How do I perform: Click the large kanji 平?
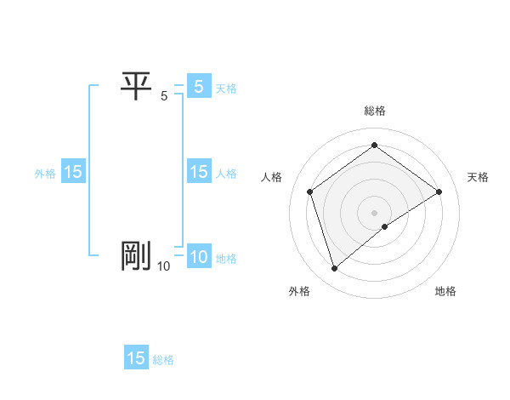136,86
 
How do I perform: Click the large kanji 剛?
136,256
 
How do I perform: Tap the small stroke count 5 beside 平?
164,97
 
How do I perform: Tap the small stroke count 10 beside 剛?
163,267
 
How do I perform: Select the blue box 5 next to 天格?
198,87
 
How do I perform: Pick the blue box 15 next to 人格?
198,172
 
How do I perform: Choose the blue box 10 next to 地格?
198,257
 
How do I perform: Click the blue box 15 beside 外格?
73,172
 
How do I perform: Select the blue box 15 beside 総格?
136,358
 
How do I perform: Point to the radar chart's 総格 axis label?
375,111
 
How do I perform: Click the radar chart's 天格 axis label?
478,177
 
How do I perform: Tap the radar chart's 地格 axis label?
445,291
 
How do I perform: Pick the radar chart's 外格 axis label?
299,291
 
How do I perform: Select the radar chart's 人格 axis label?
272,177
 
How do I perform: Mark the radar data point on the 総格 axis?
374,145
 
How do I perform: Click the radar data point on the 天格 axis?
439,191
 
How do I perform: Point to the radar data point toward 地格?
385,226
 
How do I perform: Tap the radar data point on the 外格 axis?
334,269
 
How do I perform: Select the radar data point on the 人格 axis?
310,191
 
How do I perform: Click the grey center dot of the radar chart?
374,212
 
